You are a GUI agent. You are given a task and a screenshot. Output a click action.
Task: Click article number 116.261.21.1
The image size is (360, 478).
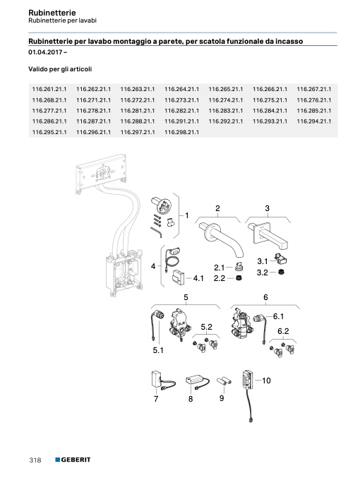[49, 90]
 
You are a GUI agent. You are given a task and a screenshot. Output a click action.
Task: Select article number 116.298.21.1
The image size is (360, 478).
[181, 132]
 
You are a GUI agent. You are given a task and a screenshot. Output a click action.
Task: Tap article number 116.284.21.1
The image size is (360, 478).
[270, 111]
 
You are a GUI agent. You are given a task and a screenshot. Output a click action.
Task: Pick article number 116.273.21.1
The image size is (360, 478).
[181, 100]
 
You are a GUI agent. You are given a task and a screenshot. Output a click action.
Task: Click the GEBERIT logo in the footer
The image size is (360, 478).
[73, 460]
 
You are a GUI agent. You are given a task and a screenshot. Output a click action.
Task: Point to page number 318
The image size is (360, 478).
[35, 460]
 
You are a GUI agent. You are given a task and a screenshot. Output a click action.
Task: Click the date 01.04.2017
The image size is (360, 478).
[46, 52]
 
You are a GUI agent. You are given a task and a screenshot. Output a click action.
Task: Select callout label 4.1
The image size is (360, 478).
[198, 278]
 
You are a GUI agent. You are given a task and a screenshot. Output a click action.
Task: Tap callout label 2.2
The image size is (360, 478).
[220, 278]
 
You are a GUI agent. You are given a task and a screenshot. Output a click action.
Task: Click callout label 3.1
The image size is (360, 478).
[263, 261]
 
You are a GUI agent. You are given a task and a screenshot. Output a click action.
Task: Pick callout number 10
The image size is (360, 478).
[266, 381]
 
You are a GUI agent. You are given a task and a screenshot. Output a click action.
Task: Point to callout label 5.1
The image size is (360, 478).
[158, 351]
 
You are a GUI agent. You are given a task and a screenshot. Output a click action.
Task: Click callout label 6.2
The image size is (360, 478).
[283, 331]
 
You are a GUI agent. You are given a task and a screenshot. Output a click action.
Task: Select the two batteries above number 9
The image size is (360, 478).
[224, 381]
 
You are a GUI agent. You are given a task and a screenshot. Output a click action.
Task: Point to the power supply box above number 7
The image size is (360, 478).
[157, 379]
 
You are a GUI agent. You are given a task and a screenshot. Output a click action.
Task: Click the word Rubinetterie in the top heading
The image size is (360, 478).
[52, 13]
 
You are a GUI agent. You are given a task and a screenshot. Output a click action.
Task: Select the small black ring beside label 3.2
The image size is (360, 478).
[282, 271]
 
